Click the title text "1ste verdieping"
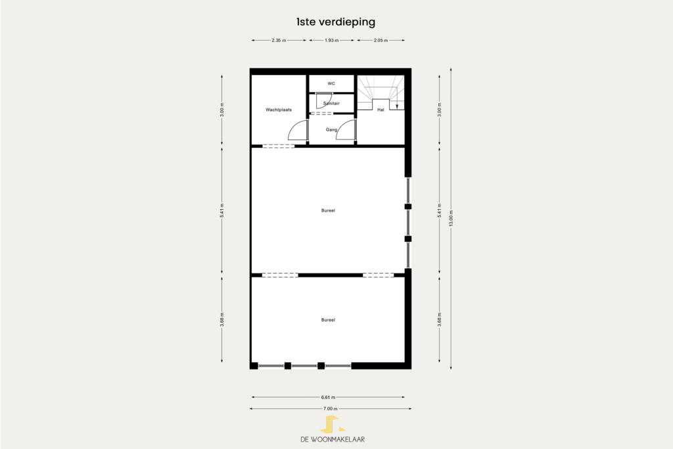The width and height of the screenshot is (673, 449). (336, 22)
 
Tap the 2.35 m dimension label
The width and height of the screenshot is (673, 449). (279, 40)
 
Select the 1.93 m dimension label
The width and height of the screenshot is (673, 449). (331, 40)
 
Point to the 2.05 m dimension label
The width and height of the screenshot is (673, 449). (381, 40)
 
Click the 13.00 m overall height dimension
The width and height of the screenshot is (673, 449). (451, 218)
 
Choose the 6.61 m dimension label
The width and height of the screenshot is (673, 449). (328, 398)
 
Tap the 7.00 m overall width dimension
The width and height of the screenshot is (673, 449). (331, 409)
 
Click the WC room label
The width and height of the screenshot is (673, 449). (331, 83)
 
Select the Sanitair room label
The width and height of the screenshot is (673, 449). (331, 103)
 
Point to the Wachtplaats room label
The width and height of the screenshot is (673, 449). (279, 110)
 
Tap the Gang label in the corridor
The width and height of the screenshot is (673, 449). (331, 130)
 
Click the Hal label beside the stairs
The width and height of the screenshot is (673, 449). (381, 110)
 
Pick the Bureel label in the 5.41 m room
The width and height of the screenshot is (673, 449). (328, 211)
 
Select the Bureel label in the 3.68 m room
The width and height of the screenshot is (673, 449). (328, 320)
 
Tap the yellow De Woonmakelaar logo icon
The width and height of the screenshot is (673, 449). (332, 424)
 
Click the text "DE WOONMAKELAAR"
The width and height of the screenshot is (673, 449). (332, 439)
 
